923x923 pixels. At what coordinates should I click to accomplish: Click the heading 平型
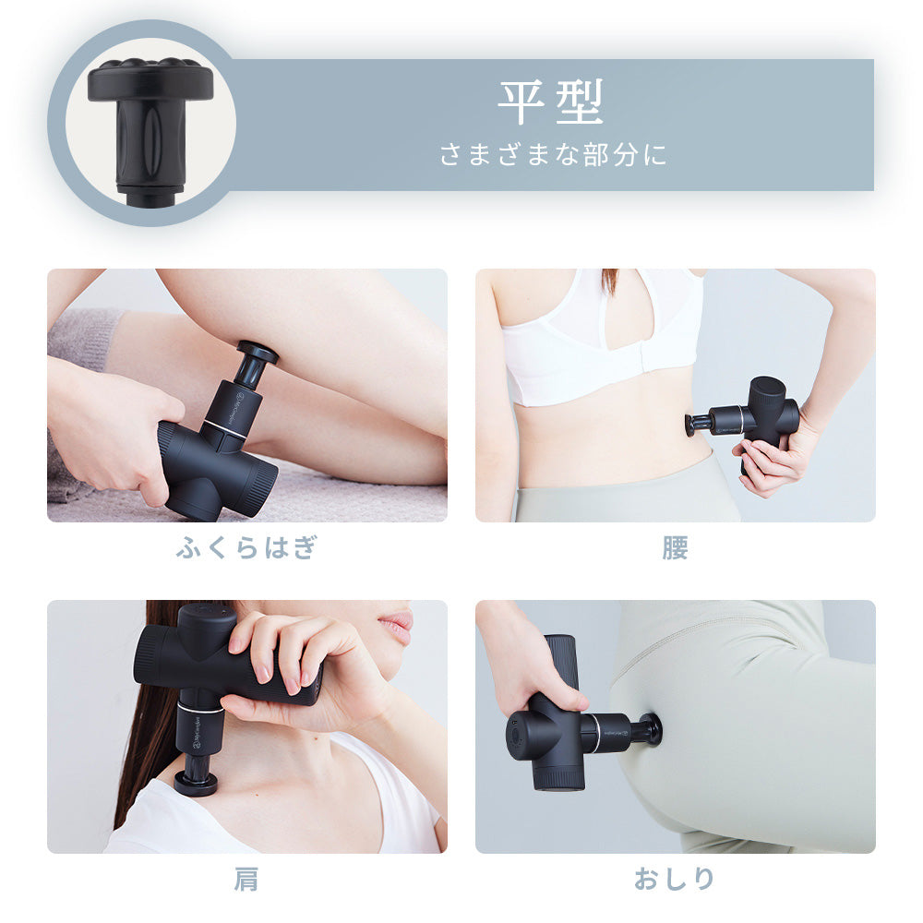[550, 102]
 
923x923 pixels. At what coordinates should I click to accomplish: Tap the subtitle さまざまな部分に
[552, 154]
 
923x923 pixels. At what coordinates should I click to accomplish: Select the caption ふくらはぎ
[246, 547]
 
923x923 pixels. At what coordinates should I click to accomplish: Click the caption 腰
[675, 547]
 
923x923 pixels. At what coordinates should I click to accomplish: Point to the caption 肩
[246, 880]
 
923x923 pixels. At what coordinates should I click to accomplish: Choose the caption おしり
[675, 880]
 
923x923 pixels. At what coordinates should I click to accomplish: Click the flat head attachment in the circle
[150, 120]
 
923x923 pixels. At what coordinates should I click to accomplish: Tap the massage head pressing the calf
[258, 354]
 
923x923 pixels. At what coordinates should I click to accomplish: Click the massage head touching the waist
[689, 424]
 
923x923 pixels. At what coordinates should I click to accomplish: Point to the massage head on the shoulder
[197, 784]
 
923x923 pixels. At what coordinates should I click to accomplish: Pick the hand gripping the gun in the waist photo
[771, 461]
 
